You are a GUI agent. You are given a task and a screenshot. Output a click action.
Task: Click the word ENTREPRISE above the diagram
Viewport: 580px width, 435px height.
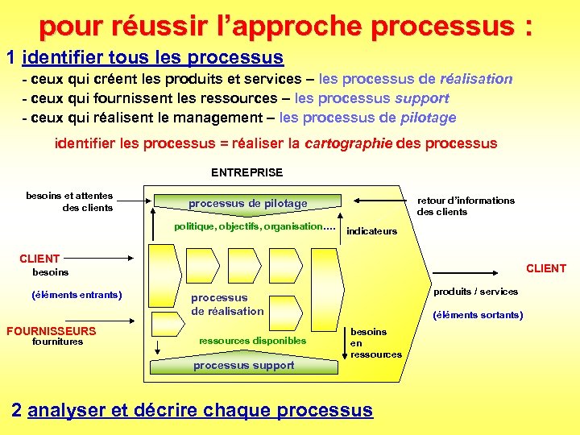[x=246, y=172]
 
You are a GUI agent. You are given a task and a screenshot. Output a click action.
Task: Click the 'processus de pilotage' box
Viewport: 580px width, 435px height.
[x=248, y=203]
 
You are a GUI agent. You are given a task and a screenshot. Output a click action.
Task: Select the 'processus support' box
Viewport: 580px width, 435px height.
[x=244, y=366]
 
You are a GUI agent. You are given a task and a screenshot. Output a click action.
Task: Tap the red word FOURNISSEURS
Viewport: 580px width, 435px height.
[x=51, y=331]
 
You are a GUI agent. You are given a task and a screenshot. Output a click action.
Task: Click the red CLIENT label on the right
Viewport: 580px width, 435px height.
[x=546, y=268]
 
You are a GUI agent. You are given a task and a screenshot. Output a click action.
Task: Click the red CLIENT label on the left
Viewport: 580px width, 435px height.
[x=39, y=259]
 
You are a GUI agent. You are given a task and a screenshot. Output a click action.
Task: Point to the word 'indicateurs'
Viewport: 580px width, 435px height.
[x=371, y=232]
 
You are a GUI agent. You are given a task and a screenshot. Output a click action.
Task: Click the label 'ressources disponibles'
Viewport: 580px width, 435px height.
[x=252, y=341]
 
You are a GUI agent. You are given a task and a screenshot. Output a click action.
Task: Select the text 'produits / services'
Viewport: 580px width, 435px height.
[x=476, y=291]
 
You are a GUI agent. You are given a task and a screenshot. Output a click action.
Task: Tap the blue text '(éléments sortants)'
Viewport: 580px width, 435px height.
[x=478, y=315]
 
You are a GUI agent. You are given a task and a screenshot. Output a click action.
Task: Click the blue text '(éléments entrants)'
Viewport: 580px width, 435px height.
[x=77, y=295]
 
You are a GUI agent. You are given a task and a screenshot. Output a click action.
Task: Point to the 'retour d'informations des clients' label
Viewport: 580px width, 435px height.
[x=465, y=206]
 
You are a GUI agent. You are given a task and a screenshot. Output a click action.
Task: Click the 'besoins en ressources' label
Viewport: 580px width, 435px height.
[x=375, y=343]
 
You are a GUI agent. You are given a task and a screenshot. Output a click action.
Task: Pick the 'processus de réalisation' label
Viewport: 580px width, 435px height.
[x=227, y=304]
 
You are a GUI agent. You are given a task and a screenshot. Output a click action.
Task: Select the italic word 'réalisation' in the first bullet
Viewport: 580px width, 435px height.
[x=476, y=79]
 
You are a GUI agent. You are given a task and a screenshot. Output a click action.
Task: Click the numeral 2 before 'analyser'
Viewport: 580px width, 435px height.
[x=17, y=410]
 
